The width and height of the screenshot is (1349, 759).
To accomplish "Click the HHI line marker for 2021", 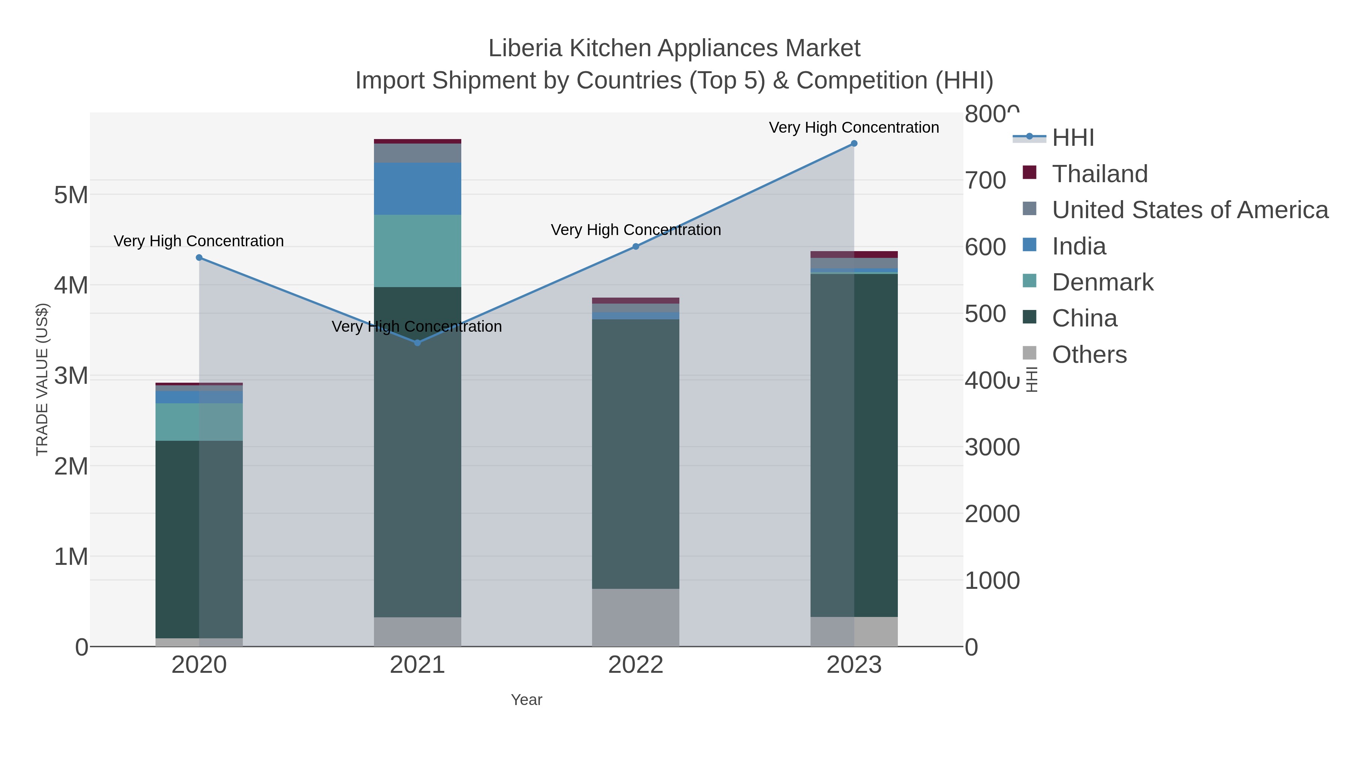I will pos(417,343).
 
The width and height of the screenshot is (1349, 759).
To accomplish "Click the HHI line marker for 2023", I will pos(854,144).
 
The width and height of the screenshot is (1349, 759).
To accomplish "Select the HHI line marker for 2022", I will pos(636,246).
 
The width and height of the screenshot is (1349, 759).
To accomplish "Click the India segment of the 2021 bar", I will pos(417,189).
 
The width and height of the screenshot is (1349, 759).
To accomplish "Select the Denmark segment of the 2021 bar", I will pos(417,250).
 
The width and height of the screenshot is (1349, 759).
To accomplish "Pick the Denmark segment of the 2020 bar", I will pos(199,422).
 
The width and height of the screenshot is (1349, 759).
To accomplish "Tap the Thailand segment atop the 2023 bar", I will pos(854,254).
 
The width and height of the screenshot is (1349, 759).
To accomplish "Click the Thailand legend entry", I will pos(1100,174).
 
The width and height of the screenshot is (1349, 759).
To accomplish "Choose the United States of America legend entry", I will pos(1190,210).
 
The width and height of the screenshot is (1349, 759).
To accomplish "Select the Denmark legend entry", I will pos(1102,282).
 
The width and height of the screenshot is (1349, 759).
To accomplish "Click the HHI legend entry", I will pos(1072,138).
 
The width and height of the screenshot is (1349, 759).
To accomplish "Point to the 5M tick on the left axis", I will pos(71,195).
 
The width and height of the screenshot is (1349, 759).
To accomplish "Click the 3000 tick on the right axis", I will pos(992,447).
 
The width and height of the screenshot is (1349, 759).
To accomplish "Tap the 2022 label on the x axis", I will pos(636,665).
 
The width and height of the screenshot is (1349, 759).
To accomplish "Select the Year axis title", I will pos(526,700).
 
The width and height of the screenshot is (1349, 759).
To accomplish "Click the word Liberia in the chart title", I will pos(525,48).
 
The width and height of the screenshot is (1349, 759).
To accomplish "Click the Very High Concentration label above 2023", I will pos(854,127).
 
